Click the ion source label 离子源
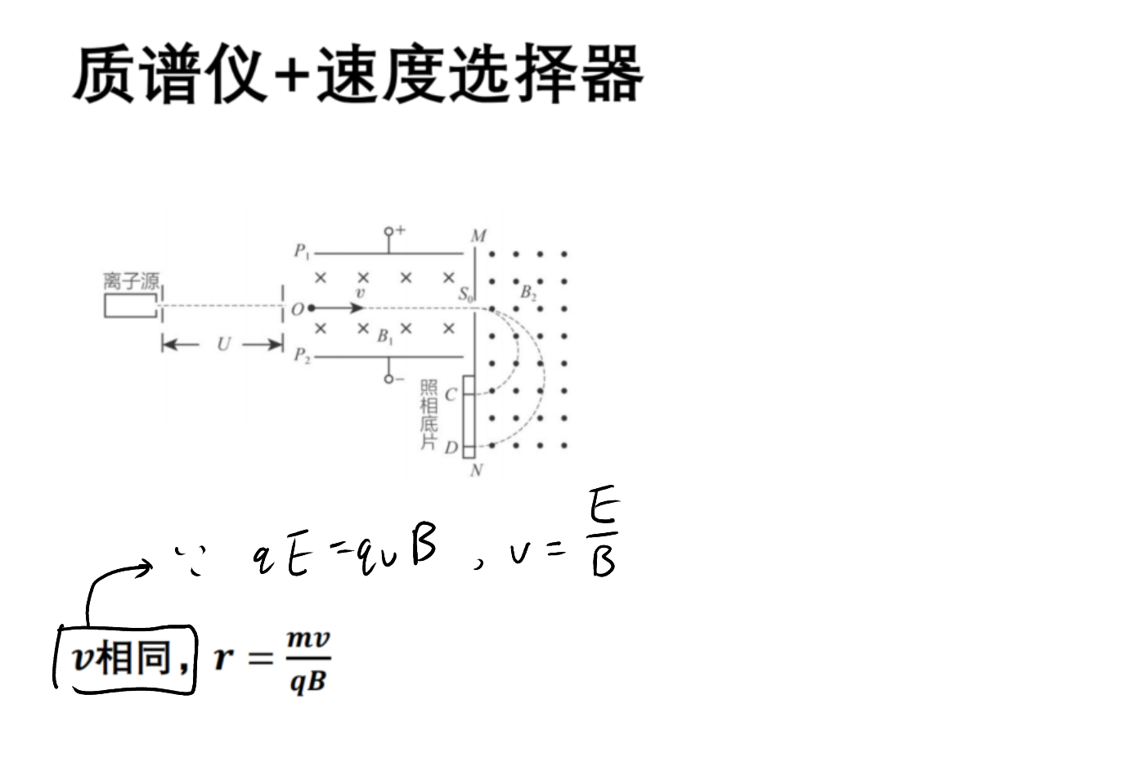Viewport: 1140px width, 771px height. tap(132, 281)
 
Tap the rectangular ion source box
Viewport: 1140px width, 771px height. tap(130, 306)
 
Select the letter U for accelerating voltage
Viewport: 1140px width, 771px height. tap(223, 344)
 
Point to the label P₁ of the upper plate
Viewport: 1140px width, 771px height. tap(301, 251)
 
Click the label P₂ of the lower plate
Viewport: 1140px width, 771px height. tap(302, 355)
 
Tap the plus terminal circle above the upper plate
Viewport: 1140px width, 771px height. tap(388, 231)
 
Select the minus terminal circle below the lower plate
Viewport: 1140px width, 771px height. tap(388, 379)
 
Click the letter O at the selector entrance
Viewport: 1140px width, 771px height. tap(297, 309)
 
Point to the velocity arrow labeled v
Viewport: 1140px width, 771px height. tap(338, 308)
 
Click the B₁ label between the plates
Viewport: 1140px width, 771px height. tap(385, 336)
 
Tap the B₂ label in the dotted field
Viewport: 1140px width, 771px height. tap(528, 293)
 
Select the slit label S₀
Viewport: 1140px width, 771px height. tap(465, 294)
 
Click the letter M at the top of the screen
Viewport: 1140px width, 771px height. tap(478, 236)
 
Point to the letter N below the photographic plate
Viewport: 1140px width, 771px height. tap(476, 471)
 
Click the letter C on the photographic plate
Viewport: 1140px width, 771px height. tap(451, 395)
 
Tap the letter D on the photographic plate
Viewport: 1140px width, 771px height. tap(451, 448)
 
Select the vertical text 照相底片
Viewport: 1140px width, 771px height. tap(429, 415)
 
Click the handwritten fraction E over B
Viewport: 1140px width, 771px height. tap(604, 531)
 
